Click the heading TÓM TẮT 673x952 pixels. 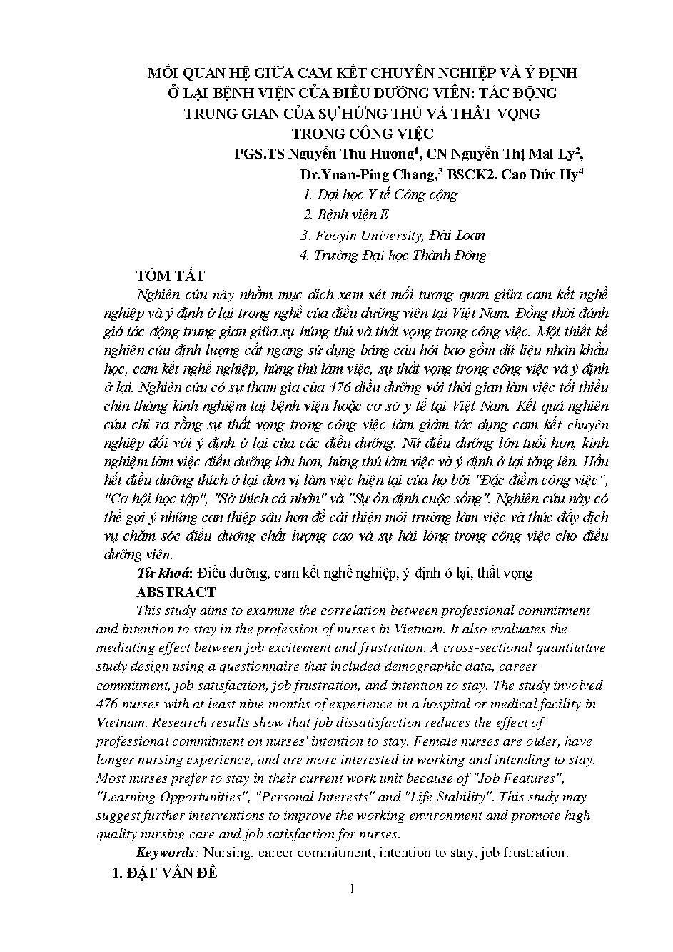click(171, 276)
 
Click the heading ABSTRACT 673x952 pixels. click(175, 592)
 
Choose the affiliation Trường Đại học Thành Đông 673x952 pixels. click(400, 255)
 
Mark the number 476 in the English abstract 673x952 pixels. click(109, 703)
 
